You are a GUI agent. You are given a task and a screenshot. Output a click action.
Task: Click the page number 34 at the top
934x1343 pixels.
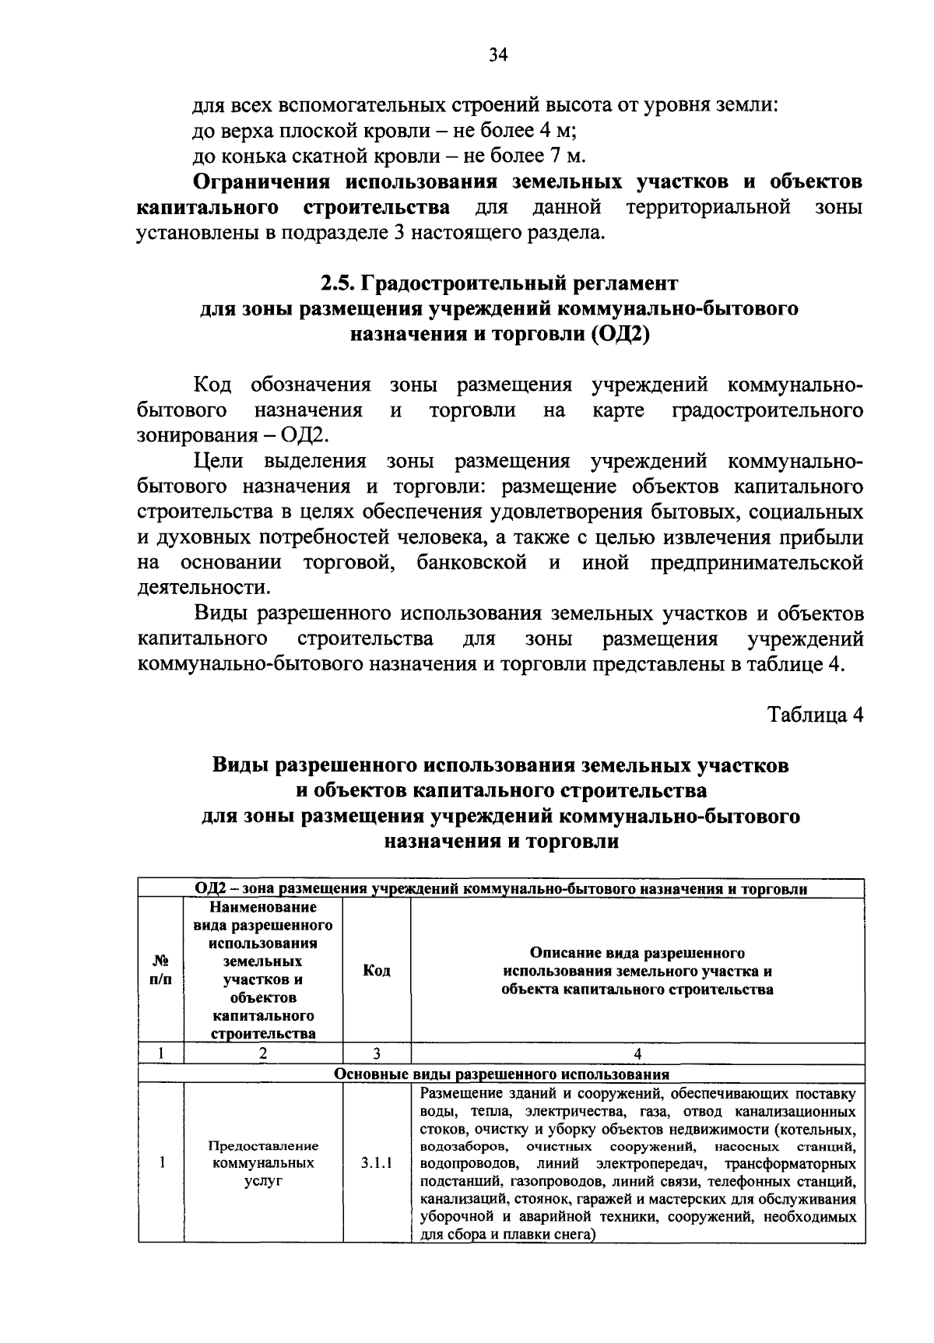pyautogui.click(x=498, y=54)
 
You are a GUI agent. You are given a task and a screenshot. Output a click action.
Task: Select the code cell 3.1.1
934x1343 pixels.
pyautogui.click(x=376, y=1164)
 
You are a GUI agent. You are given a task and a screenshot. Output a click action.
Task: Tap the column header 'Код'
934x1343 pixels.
pyautogui.click(x=376, y=970)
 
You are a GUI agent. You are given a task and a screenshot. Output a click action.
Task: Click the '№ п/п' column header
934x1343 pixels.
pyautogui.click(x=160, y=970)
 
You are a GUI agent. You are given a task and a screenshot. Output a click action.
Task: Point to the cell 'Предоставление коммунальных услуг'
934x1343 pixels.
pyautogui.click(x=263, y=1164)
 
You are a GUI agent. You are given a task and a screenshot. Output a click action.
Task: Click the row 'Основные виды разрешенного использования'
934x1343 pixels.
pyautogui.click(x=501, y=1074)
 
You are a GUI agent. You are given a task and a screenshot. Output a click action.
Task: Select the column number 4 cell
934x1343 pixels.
pyautogui.click(x=637, y=1053)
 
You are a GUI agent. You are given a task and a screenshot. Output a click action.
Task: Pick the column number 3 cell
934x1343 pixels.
pyautogui.click(x=376, y=1053)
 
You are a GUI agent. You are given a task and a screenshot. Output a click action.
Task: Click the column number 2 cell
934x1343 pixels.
pyautogui.click(x=263, y=1053)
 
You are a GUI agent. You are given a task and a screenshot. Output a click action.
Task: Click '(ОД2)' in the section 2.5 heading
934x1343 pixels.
pyautogui.click(x=619, y=335)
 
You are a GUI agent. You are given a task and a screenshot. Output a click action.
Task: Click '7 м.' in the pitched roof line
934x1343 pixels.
pyautogui.click(x=567, y=156)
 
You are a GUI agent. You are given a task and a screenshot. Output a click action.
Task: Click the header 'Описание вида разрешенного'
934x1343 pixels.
pyautogui.click(x=637, y=953)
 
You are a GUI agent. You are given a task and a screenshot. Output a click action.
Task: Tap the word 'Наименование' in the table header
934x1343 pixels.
pyautogui.click(x=263, y=908)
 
